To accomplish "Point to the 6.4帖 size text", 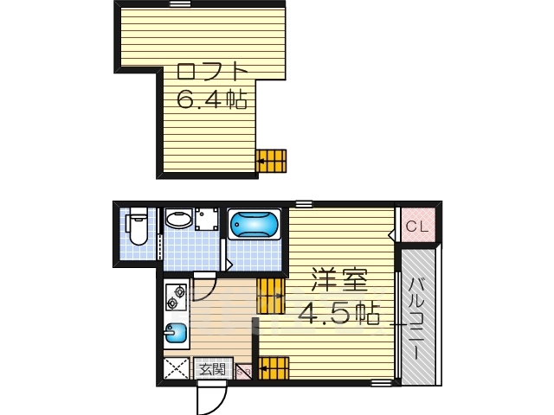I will [212, 99].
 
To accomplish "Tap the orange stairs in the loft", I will [272, 161].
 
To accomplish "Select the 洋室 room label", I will [339, 281].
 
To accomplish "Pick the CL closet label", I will [417, 227].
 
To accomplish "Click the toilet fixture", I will [138, 229].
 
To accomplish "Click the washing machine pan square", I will [205, 219].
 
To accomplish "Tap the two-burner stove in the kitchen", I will [177, 297].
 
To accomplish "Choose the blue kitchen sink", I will [176, 333].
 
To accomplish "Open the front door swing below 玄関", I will [210, 398].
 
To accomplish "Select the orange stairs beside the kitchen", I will [271, 296].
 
